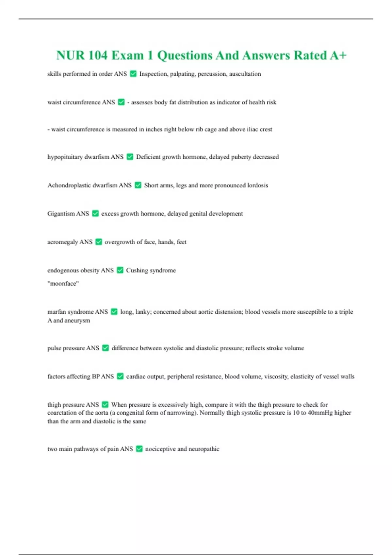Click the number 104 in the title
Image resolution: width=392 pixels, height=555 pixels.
coord(98,55)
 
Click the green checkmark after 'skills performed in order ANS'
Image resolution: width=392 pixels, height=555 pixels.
coord(133,74)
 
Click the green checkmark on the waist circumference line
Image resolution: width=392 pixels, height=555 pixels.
coord(121,102)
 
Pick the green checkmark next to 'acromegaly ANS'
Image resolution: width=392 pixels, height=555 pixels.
coord(99,242)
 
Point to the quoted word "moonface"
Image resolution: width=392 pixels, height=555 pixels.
coord(63,283)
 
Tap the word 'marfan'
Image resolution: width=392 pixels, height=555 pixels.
coord(57,312)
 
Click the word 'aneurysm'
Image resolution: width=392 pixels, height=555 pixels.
coord(77,320)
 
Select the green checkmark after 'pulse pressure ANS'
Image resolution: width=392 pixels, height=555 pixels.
coord(105,348)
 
